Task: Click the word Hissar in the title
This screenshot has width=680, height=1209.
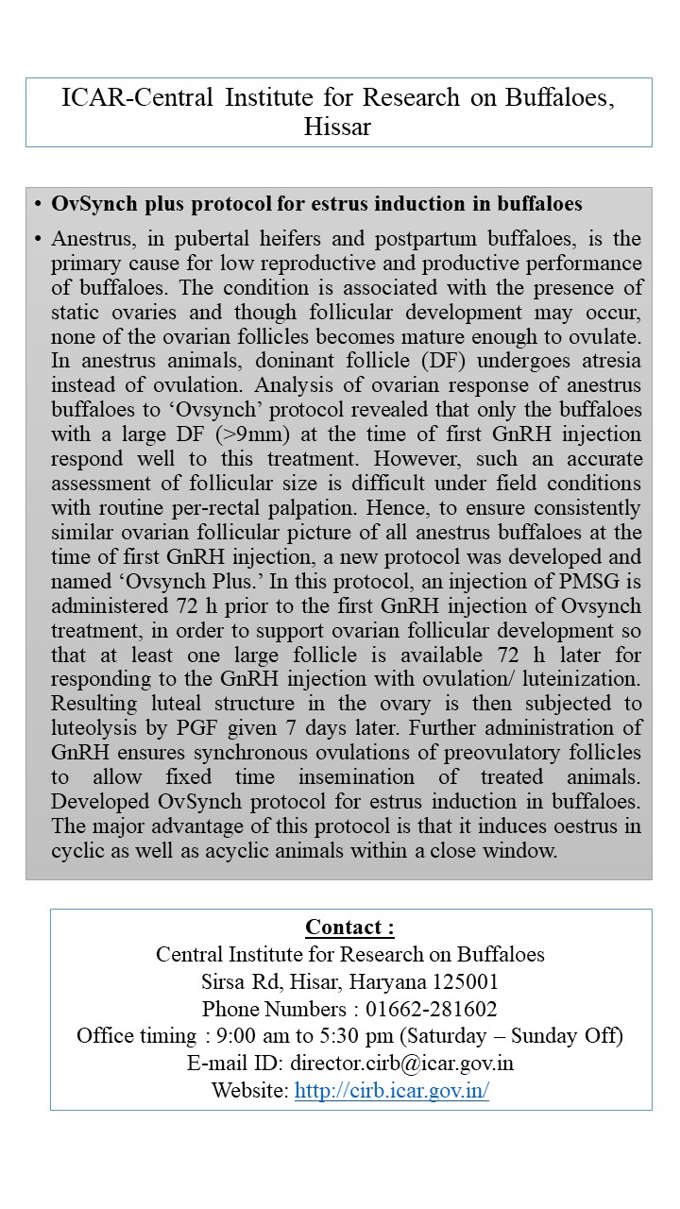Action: tap(337, 128)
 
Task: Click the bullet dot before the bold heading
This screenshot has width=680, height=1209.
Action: tap(37, 204)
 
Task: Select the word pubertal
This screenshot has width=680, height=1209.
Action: tap(199, 237)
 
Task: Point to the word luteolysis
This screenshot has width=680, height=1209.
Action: tap(99, 728)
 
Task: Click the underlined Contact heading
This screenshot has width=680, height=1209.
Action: tap(349, 927)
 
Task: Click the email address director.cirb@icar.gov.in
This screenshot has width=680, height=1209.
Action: tap(401, 1064)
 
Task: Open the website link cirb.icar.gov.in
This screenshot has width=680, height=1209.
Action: tap(391, 1091)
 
